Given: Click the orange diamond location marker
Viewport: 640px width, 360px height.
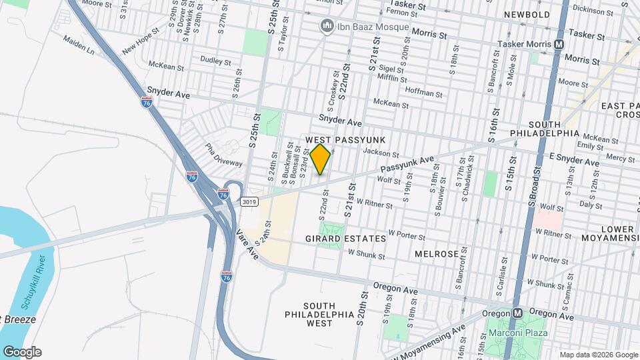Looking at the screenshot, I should click(321, 159).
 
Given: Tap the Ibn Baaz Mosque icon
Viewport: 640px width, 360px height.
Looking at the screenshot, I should click(327, 27).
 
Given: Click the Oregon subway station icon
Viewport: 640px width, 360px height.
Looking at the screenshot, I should click(517, 313).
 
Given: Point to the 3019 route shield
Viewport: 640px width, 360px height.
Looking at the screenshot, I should click(249, 201).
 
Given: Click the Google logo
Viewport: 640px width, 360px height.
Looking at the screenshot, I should click(21, 352).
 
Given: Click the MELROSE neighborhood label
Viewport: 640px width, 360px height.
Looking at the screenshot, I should click(436, 255).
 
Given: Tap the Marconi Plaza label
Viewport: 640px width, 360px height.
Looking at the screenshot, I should click(517, 333).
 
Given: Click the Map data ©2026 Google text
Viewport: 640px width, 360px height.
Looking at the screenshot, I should click(598, 355).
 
